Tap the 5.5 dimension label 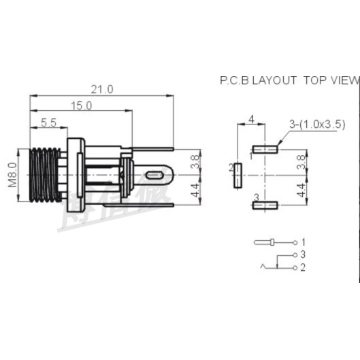point(48,122)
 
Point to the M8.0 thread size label point(12,175)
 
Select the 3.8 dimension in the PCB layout point(301,162)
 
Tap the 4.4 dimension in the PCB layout point(301,190)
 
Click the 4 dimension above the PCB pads point(251,120)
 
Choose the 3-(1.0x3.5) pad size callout point(317,124)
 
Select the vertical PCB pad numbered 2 point(238,176)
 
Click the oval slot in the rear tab point(154,176)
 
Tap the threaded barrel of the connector point(46,174)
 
